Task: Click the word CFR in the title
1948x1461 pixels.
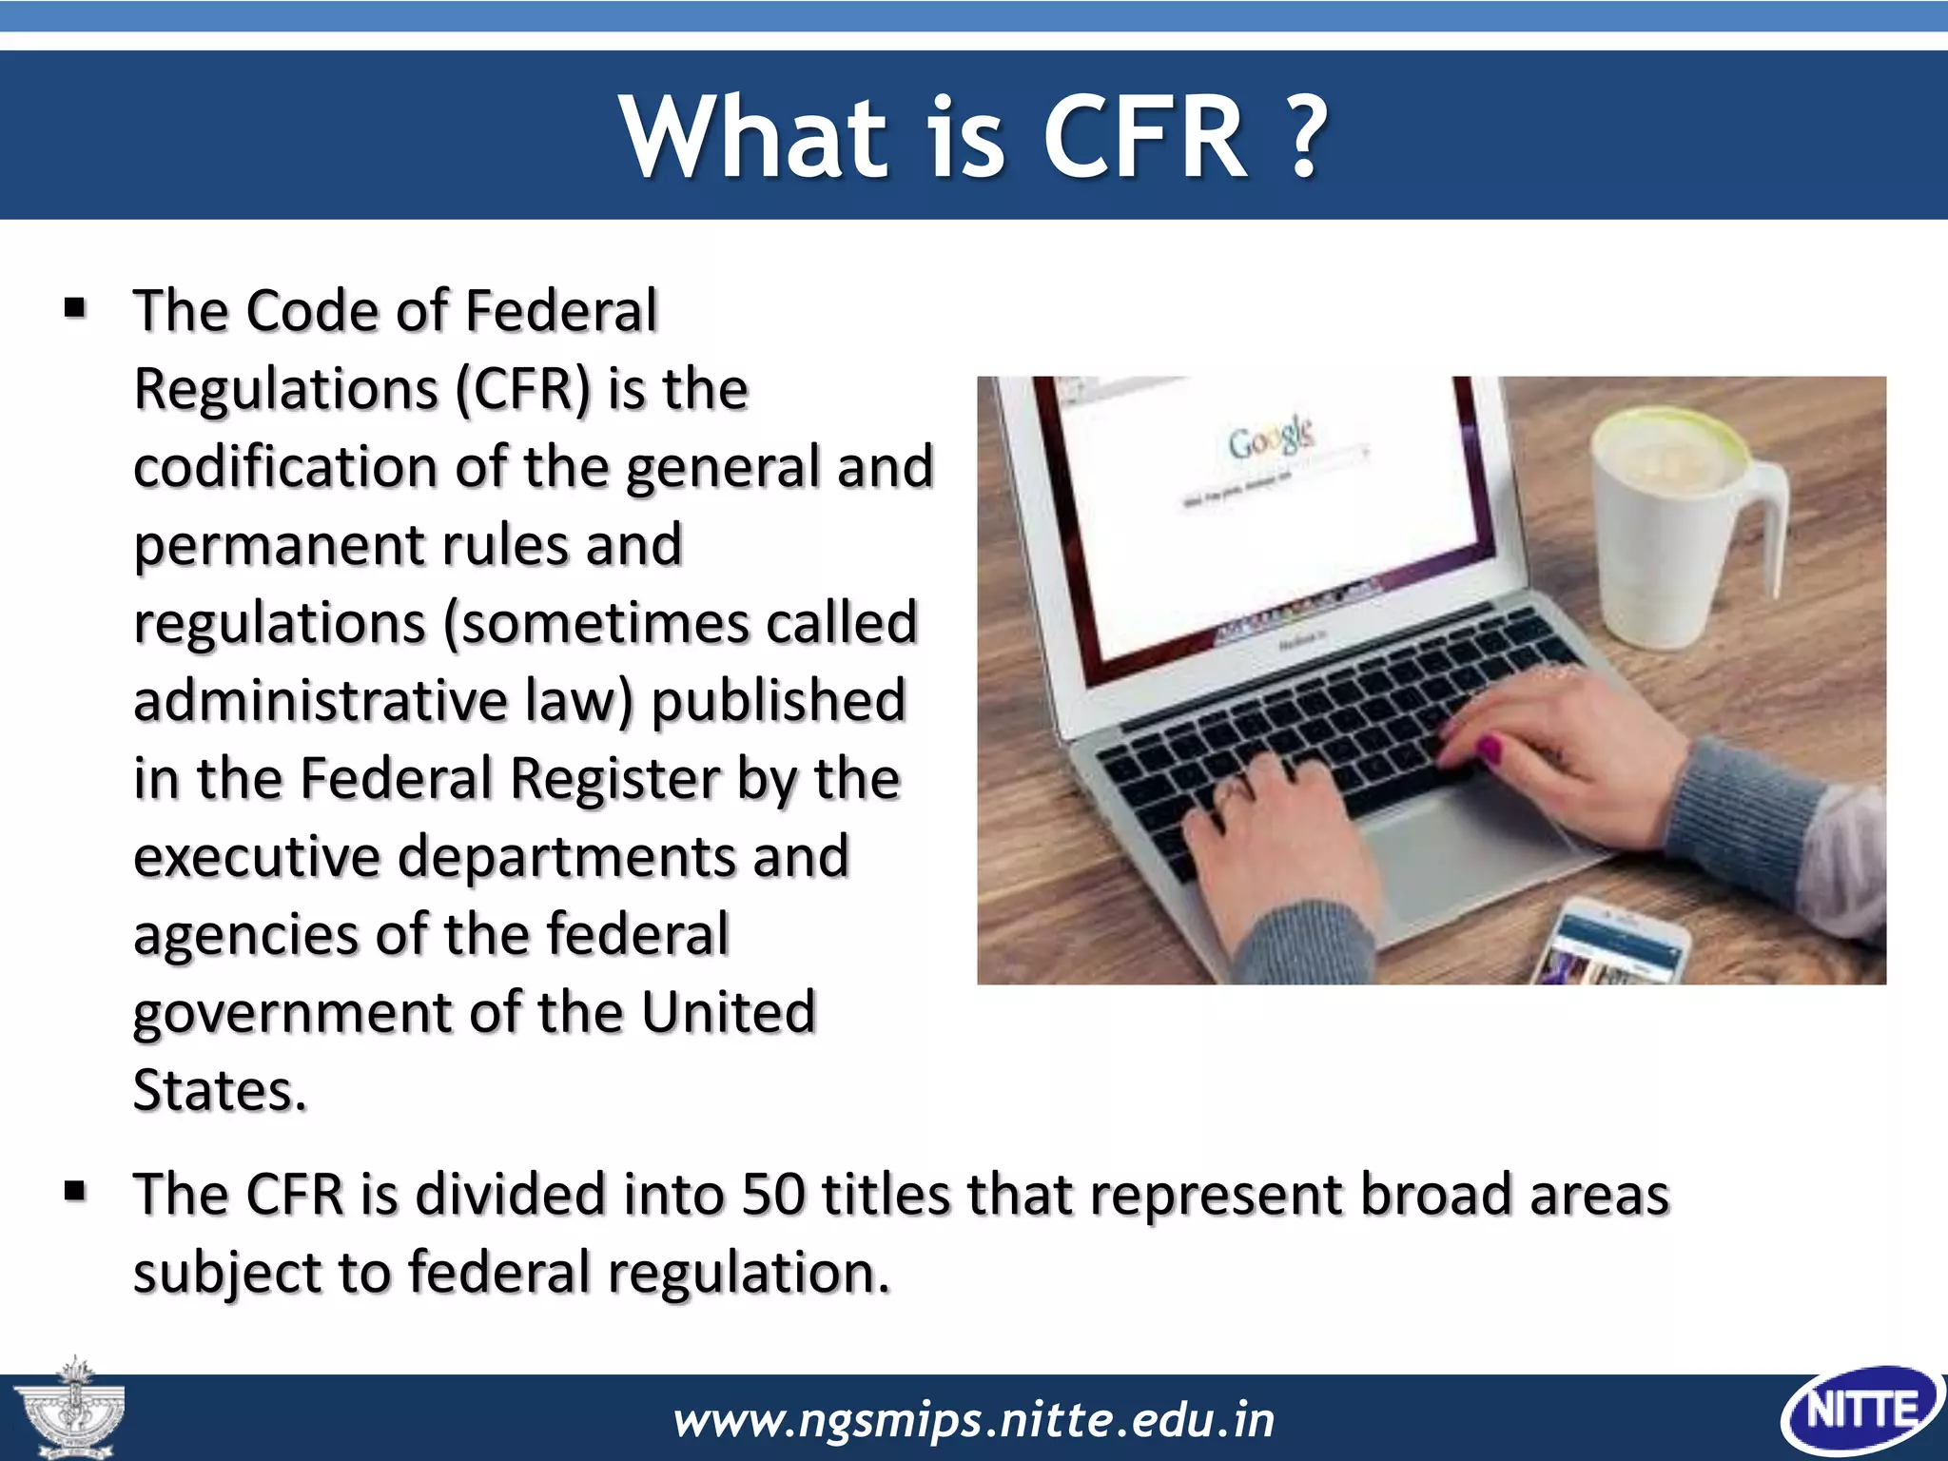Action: click(1145, 138)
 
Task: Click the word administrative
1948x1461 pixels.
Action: click(320, 701)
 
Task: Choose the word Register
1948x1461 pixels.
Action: click(613, 779)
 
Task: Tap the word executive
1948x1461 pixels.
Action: click(256, 857)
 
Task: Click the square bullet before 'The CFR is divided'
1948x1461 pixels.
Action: click(75, 1192)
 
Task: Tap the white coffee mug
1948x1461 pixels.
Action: click(1674, 523)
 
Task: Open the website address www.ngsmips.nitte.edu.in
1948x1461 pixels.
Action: click(973, 1420)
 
